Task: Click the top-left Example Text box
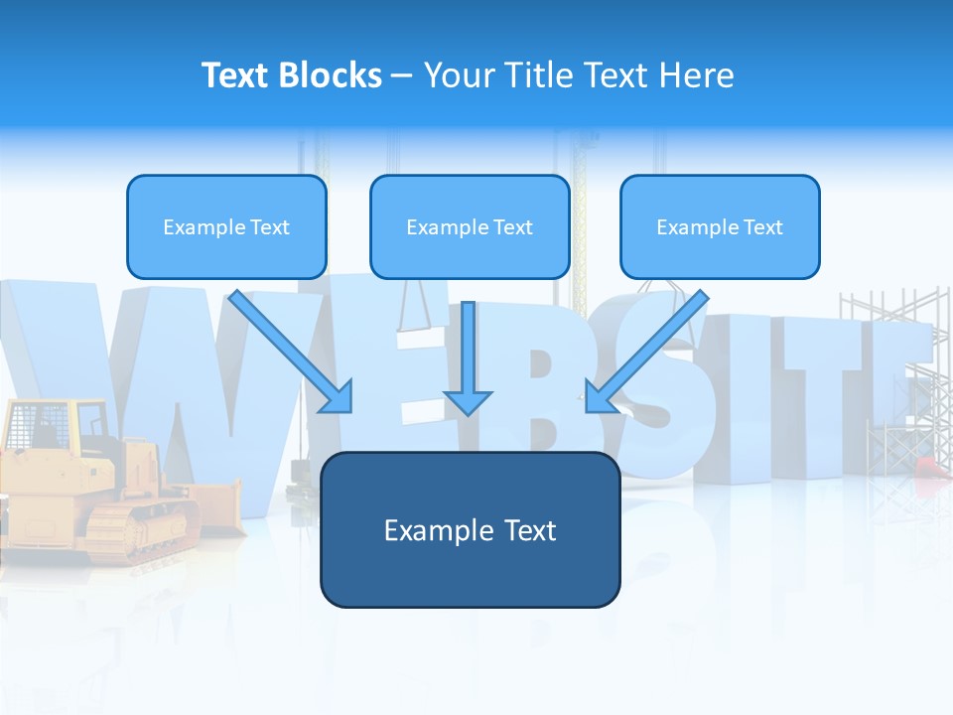[x=226, y=227]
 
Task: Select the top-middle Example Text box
[x=470, y=227]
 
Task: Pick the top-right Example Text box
[x=720, y=227]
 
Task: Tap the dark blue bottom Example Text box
[x=470, y=530]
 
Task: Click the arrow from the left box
[x=291, y=352]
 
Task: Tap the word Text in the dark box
[x=530, y=530]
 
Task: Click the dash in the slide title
[x=402, y=76]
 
